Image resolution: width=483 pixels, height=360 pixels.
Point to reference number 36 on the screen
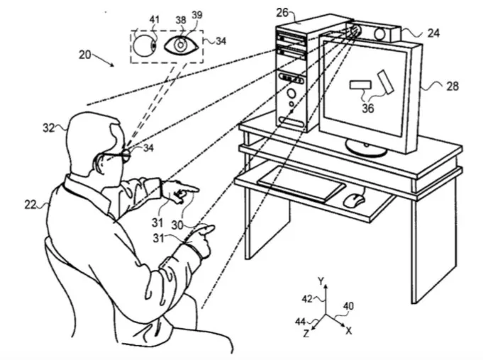(x=367, y=109)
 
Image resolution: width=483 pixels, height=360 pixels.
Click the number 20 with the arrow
(x=85, y=55)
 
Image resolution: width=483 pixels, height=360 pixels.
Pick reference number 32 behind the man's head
(x=49, y=128)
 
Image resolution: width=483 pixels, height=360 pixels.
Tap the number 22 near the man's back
(x=30, y=203)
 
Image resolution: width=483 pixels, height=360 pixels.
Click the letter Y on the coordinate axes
(x=321, y=281)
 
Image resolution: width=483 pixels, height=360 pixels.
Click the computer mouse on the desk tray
(x=354, y=199)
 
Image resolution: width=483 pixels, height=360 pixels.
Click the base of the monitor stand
(x=366, y=149)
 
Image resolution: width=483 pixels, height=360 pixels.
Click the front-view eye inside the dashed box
(x=181, y=45)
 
